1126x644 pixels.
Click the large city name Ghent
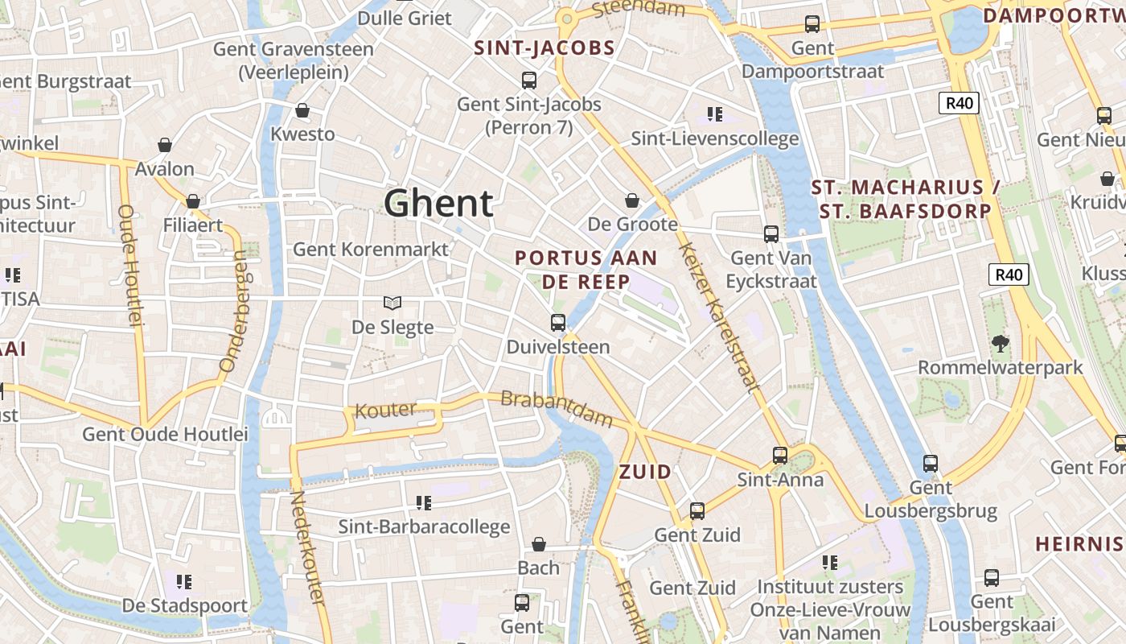click(438, 203)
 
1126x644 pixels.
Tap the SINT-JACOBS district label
click(545, 48)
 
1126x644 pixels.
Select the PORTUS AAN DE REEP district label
click(586, 270)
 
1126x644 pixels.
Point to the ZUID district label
click(645, 472)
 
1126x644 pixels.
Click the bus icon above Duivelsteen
click(558, 323)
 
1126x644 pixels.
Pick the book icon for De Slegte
click(392, 303)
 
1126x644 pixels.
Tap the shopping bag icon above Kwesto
click(302, 110)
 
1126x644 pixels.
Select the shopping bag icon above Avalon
click(165, 145)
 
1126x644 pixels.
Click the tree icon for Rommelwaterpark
click(1001, 344)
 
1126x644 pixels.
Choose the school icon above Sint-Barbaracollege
click(424, 503)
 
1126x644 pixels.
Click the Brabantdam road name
click(556, 408)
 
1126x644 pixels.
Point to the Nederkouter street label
click(307, 547)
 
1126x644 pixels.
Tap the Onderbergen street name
click(233, 311)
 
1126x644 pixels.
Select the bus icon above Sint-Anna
click(780, 456)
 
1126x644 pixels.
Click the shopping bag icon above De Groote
click(632, 200)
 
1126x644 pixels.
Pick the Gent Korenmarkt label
click(370, 249)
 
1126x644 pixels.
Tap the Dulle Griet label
click(405, 17)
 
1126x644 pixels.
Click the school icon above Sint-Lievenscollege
click(714, 114)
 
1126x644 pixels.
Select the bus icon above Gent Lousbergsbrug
click(931, 464)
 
